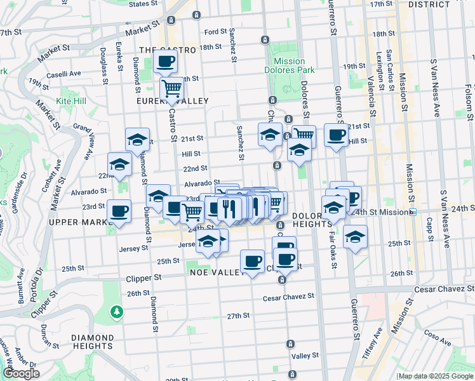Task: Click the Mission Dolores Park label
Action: click(290, 66)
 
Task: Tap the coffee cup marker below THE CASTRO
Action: click(165, 62)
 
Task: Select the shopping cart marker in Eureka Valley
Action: click(171, 88)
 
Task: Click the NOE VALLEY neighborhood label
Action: click(217, 272)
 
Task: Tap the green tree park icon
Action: click(116, 311)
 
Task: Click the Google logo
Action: click(21, 373)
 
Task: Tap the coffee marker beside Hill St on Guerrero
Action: click(335, 135)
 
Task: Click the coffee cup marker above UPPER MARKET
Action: click(119, 211)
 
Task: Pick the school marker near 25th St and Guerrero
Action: click(355, 237)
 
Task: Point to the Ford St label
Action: click(215, 32)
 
